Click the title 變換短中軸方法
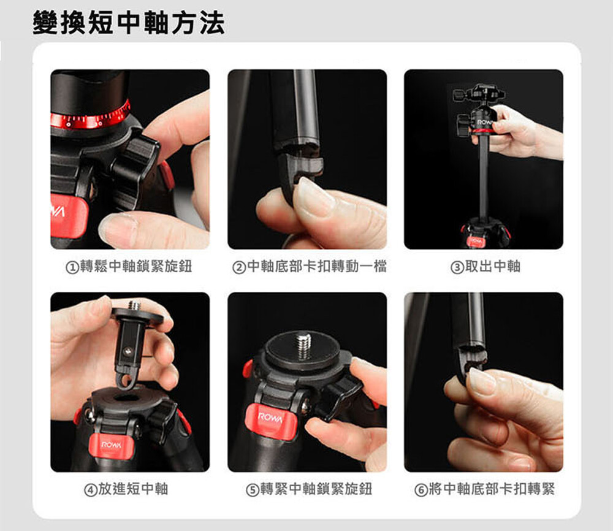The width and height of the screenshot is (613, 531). [129, 23]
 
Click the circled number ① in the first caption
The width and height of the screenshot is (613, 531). [72, 267]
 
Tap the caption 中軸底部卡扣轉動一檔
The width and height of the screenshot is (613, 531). [317, 266]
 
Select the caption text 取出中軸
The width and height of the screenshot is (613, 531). [493, 266]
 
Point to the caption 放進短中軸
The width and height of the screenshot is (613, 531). [133, 489]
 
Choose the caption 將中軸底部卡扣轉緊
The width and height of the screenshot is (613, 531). [492, 489]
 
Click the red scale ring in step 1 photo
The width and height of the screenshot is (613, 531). [90, 118]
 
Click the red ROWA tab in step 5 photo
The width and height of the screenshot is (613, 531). [270, 421]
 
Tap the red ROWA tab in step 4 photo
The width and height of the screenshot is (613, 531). [112, 446]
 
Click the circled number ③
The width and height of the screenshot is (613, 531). [457, 267]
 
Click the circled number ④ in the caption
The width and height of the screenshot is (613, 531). [91, 490]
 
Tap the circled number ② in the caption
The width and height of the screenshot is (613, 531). [239, 267]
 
